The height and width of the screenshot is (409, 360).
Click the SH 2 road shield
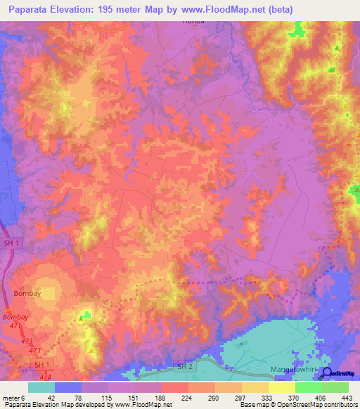(185, 367)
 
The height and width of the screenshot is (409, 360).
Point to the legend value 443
(345, 397)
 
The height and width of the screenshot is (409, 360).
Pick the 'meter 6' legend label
(13, 397)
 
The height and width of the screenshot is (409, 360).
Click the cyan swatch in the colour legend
(41, 387)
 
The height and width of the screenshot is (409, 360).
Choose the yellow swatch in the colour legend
(281, 387)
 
